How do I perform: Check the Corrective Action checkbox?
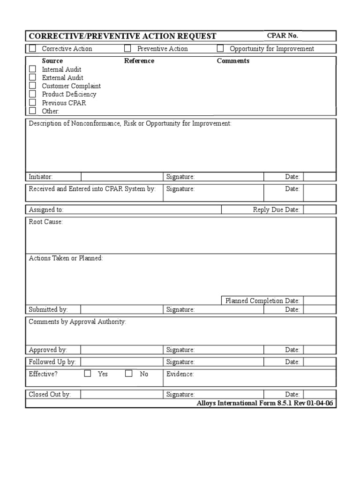coord(32,48)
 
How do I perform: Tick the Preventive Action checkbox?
coord(127,48)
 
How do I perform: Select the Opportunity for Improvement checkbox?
coord(220,48)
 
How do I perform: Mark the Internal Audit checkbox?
coord(32,69)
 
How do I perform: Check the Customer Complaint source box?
coord(32,86)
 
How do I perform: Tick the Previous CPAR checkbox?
coord(32,103)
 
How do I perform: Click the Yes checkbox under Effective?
coord(88,374)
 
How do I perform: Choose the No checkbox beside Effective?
coord(128,374)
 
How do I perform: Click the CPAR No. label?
coord(282,36)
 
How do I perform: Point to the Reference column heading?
coord(139,61)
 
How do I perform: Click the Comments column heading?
coord(233,61)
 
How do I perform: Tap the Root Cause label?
coord(45,222)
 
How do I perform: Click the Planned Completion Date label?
coord(262,300)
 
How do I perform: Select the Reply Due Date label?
coord(276,210)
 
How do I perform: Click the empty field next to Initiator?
coord(122,177)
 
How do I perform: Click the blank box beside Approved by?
coord(122,350)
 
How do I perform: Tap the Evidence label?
coord(180,374)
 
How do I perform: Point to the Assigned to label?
coord(46,210)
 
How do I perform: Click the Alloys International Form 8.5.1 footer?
coord(265,403)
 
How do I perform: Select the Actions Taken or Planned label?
coord(66,258)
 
